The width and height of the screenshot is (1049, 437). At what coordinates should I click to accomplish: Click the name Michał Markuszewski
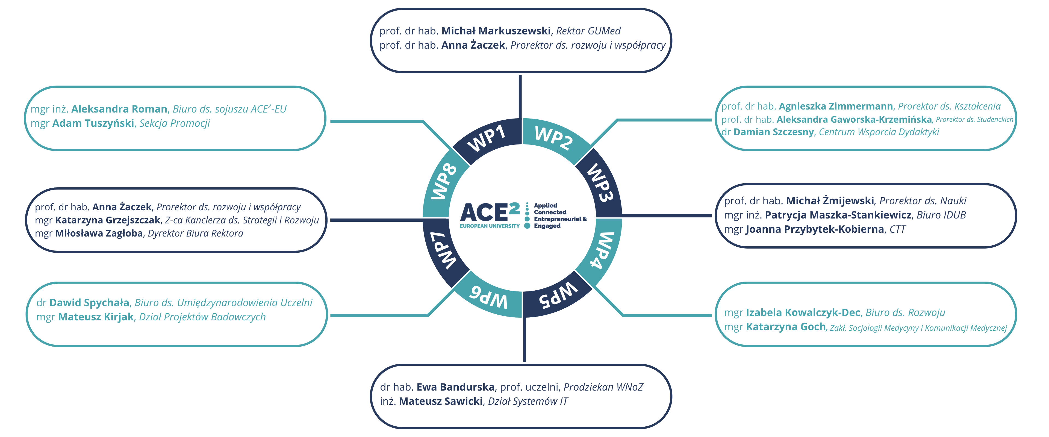[496, 31]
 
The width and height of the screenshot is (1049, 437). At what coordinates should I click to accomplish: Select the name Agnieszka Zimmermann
[836, 106]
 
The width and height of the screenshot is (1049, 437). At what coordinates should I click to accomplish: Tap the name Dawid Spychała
[89, 303]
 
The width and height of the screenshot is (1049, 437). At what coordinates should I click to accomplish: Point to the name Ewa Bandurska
[455, 387]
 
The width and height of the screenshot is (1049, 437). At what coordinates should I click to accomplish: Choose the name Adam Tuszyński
[93, 123]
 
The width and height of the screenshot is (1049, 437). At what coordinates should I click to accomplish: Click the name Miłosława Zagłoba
[99, 233]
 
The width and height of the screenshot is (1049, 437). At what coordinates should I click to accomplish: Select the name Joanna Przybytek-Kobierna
[814, 229]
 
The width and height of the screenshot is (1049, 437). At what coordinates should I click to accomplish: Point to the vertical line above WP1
[520, 96]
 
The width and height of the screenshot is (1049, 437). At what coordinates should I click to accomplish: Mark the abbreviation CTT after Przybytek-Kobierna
[897, 229]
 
